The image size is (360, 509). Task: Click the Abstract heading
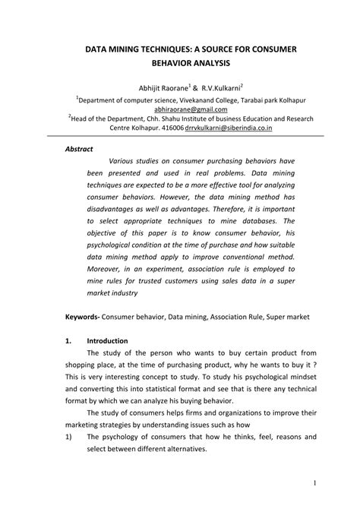coord(77,149)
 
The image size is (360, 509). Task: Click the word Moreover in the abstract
coord(109,258)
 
